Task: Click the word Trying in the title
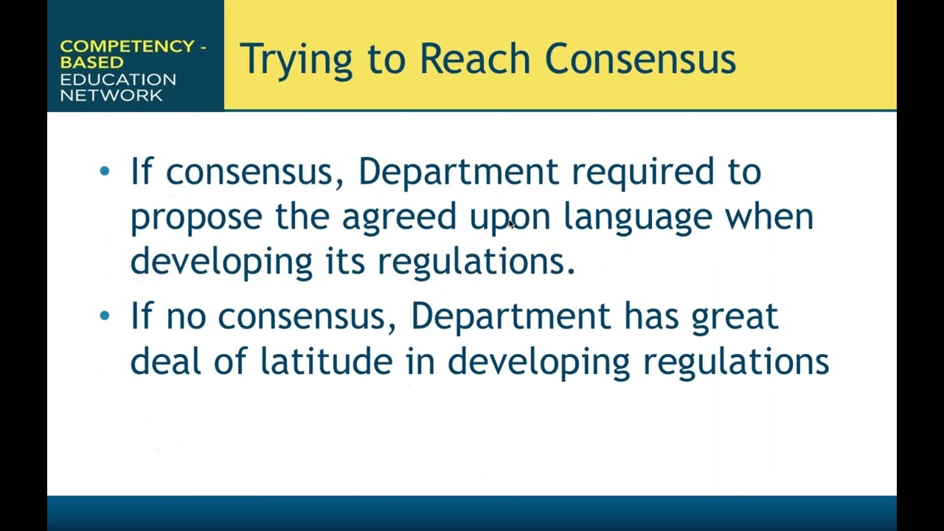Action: pyautogui.click(x=296, y=59)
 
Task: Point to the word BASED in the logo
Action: pyautogui.click(x=92, y=63)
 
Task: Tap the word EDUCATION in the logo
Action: pyautogui.click(x=118, y=79)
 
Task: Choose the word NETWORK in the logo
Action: pyautogui.click(x=111, y=95)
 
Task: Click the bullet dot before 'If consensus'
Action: pyautogui.click(x=104, y=172)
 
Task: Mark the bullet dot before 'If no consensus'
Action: pyautogui.click(x=104, y=316)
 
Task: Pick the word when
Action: pyautogui.click(x=769, y=216)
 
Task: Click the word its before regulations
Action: pyautogui.click(x=345, y=260)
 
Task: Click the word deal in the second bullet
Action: pyautogui.click(x=164, y=361)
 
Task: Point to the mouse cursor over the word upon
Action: pyautogui.click(x=511, y=223)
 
